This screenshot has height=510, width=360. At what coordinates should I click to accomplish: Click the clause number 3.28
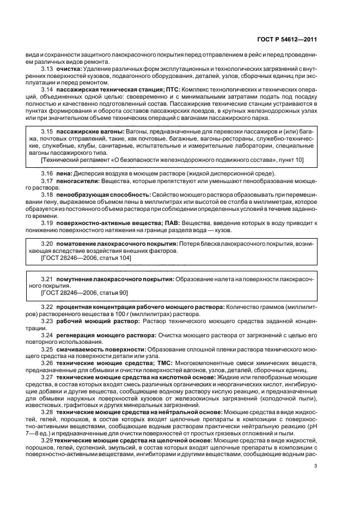click(47, 412)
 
